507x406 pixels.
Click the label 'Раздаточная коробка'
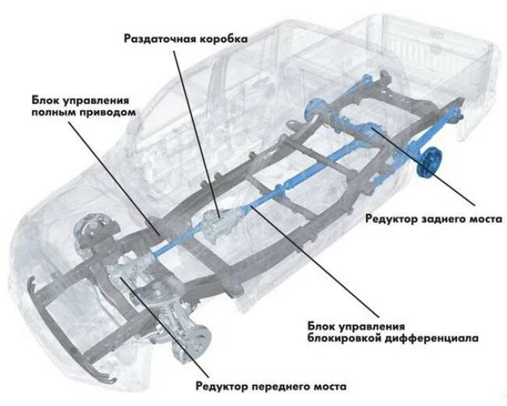point(186,38)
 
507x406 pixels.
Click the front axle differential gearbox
point(133,277)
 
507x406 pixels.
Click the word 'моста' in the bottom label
point(325,386)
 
